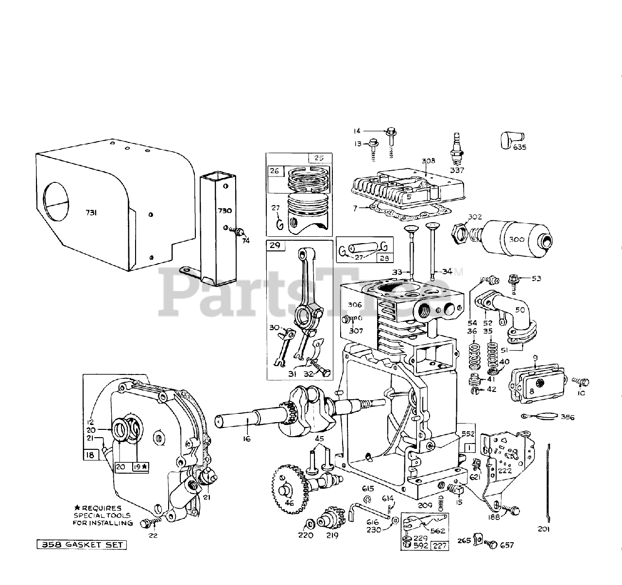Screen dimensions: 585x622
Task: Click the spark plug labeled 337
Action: (457, 149)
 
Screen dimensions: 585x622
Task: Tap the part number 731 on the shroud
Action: (91, 212)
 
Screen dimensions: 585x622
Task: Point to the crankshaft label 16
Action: (247, 439)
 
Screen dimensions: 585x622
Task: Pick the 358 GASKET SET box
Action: (82, 545)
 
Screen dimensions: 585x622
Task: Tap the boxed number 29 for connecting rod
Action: (275, 246)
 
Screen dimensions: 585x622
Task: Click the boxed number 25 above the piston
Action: (319, 159)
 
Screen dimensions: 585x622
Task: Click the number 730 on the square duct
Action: (225, 211)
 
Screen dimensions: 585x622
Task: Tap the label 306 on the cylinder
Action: (355, 304)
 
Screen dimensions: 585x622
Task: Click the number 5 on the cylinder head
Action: (409, 197)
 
